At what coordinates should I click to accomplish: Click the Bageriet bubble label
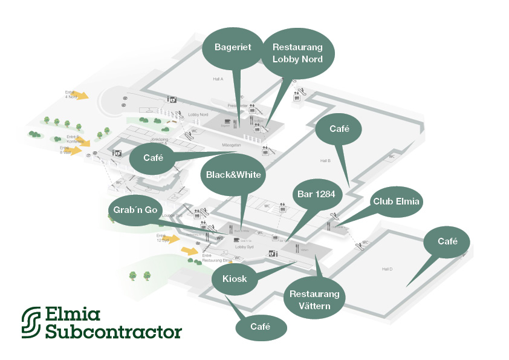pos(233,47)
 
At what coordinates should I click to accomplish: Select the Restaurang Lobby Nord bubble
pos(297,53)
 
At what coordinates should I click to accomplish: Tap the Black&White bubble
pos(233,175)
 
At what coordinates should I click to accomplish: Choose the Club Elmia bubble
pos(396,201)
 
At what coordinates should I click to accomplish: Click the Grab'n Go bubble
pos(135,210)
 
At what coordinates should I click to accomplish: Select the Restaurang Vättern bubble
pos(314,299)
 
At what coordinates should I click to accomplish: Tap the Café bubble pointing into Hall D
pos(447,241)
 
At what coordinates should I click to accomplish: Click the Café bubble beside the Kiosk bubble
pos(260,327)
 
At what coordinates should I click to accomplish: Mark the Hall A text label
pos(218,79)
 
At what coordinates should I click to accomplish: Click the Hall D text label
pos(387,269)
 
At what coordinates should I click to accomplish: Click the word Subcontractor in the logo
pos(113,332)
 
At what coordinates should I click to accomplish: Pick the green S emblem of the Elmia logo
pos(32,322)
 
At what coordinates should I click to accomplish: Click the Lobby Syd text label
pos(244,247)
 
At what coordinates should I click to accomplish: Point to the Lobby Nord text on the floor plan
pos(198,114)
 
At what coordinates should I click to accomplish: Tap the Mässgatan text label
pos(216,145)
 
